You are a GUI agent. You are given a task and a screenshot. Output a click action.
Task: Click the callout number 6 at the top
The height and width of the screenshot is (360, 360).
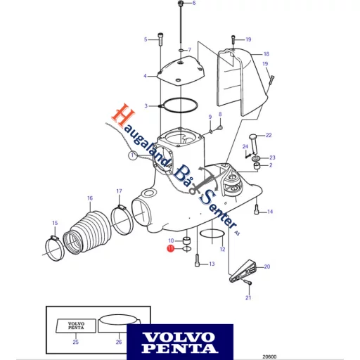click(x=194, y=4)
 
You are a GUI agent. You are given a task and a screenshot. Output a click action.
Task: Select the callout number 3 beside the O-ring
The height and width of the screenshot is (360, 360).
click(x=146, y=105)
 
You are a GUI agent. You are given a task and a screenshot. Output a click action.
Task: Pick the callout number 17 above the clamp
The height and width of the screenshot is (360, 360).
click(x=119, y=191)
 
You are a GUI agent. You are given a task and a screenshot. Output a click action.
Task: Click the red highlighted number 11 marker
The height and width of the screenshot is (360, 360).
click(x=170, y=248)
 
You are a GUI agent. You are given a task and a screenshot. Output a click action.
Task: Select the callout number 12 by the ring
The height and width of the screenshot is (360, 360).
click(x=222, y=248)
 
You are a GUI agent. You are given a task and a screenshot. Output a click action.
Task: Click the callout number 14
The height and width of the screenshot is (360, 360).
click(x=270, y=212)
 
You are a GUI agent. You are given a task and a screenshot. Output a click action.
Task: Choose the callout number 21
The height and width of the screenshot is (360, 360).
click(x=247, y=298)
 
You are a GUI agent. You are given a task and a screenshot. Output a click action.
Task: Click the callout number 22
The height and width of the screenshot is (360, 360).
click(x=268, y=135)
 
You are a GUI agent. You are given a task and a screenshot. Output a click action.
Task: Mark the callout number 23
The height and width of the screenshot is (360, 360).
click(x=273, y=158)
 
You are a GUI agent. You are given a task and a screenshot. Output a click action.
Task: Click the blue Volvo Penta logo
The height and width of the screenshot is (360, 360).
click(x=180, y=339)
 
